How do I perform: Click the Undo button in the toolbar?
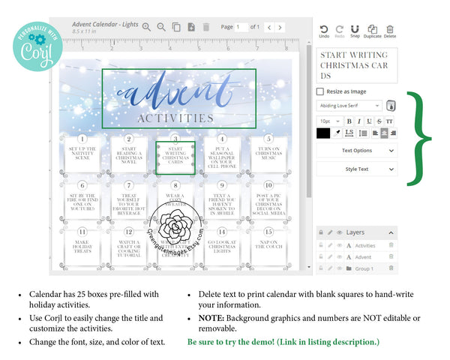(324, 29)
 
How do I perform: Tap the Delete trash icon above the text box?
(390, 29)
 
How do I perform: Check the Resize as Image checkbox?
(321, 91)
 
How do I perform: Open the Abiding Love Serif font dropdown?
(350, 106)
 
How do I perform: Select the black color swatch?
(323, 133)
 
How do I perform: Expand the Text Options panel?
(357, 151)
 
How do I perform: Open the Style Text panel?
(357, 169)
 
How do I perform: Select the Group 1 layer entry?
(364, 268)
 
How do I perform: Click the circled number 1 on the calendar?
(82, 139)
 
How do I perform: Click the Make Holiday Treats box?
(82, 244)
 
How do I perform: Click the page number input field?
(241, 27)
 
